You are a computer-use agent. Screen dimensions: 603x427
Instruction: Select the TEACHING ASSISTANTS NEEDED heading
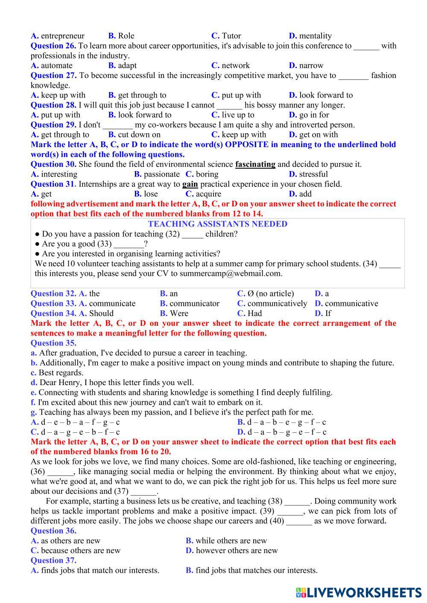(217, 224)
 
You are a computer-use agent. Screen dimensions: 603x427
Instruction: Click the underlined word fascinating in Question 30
(255, 164)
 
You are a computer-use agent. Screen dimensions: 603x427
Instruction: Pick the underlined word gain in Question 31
(190, 184)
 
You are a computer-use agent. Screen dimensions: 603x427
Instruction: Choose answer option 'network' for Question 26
(235, 66)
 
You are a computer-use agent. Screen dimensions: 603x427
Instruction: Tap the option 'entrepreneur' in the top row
(62, 36)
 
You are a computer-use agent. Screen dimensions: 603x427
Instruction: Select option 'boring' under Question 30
(207, 174)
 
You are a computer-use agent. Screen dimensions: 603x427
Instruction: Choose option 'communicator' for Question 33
(194, 304)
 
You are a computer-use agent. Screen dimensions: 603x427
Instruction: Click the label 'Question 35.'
(53, 343)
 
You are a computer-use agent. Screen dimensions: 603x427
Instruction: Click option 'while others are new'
(231, 541)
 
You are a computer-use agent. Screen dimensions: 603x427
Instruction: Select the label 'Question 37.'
(53, 560)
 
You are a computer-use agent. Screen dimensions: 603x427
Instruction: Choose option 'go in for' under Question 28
(314, 115)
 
